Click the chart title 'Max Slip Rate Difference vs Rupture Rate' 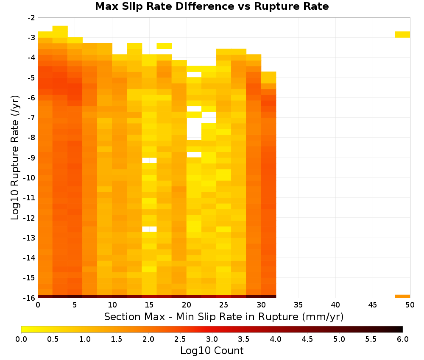click(212, 6)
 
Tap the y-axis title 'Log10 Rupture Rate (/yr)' click(15, 158)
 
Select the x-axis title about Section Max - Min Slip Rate click(224, 316)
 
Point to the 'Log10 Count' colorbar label click(212, 351)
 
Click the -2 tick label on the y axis click(31, 18)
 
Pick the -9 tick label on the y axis click(31, 158)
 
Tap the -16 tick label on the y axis click(29, 298)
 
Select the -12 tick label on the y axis click(29, 218)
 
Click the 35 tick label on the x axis click(298, 305)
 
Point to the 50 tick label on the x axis click(410, 305)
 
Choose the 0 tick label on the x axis click(38, 305)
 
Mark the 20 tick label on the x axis click(187, 305)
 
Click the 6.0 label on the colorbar click(403, 339)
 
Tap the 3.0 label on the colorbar click(212, 339)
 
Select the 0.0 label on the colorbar click(21, 339)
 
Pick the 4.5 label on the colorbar click(307, 339)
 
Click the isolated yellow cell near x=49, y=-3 click(402, 35)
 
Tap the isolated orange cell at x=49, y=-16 click(402, 296)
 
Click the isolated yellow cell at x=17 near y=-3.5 click(164, 46)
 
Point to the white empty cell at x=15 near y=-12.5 click(149, 229)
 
